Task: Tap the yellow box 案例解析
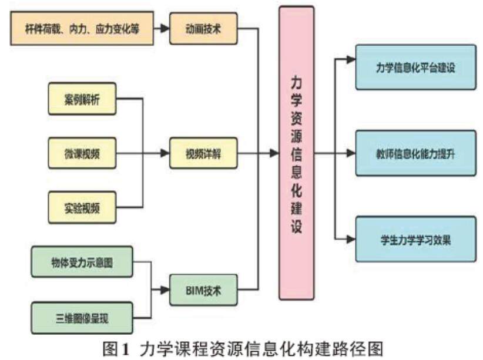pyautogui.click(x=82, y=100)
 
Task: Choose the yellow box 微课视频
pyautogui.click(x=82, y=153)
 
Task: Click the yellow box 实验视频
pyautogui.click(x=82, y=206)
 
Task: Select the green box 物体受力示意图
pyautogui.click(x=82, y=264)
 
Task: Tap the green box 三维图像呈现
pyautogui.click(x=82, y=318)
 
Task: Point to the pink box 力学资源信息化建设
pyautogui.click(x=296, y=153)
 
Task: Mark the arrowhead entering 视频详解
pyautogui.click(x=165, y=153)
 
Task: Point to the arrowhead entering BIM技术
pyautogui.click(x=165, y=290)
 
